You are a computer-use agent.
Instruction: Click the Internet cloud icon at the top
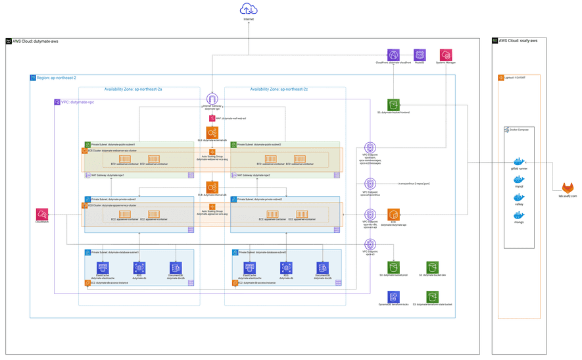pyautogui.click(x=249, y=9)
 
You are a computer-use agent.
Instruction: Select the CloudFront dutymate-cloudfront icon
pyautogui.click(x=393, y=55)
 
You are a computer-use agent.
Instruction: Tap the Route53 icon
pyautogui.click(x=420, y=55)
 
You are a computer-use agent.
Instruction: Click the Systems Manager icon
pyautogui.click(x=446, y=55)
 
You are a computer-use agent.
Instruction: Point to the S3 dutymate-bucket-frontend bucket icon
pyautogui.click(x=393, y=105)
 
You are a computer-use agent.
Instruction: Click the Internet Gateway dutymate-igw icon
pyautogui.click(x=212, y=99)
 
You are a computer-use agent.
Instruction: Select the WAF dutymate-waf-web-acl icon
pyautogui.click(x=212, y=118)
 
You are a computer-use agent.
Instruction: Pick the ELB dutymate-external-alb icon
pyautogui.click(x=212, y=133)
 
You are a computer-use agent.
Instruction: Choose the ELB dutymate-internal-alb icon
pyautogui.click(x=212, y=188)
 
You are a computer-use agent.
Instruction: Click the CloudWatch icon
pyautogui.click(x=42, y=215)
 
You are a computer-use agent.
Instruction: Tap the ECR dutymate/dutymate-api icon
pyautogui.click(x=393, y=215)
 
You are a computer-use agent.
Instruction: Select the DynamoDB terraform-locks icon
pyautogui.click(x=393, y=297)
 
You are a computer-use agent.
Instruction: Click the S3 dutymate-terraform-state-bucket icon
pyautogui.click(x=432, y=297)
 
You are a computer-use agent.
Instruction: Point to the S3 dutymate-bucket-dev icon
pyautogui.click(x=432, y=267)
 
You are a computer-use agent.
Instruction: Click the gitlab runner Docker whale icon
pyautogui.click(x=519, y=162)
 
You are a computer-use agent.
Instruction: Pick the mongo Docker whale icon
pyautogui.click(x=519, y=216)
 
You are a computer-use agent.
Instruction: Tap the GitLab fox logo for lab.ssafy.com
pyautogui.click(x=568, y=189)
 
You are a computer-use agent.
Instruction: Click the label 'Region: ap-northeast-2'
pyautogui.click(x=57, y=78)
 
